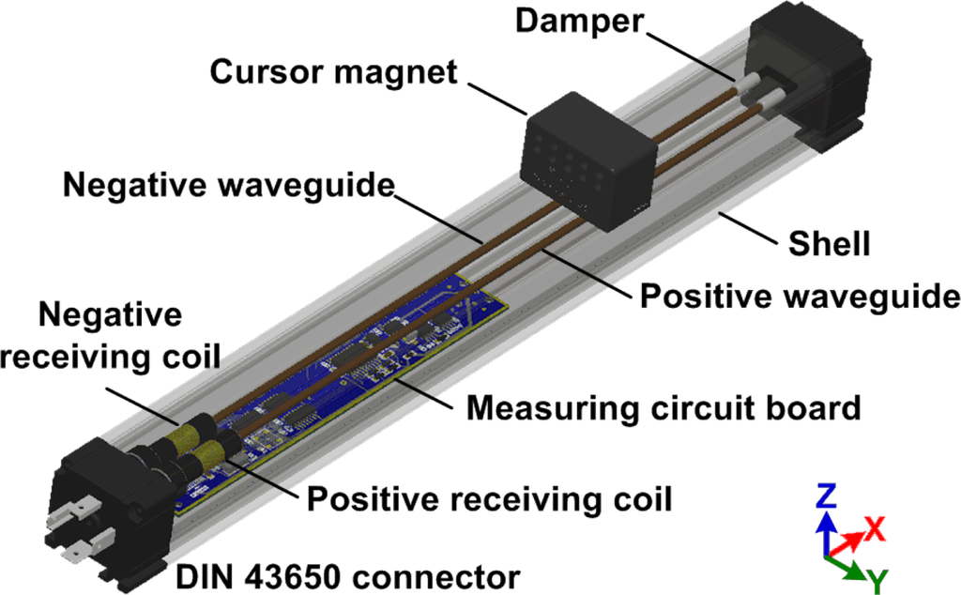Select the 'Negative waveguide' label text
tap(226, 185)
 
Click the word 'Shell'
tap(829, 245)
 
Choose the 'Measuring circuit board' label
tap(664, 408)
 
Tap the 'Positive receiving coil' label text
tap(490, 498)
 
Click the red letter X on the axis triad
tap(875, 528)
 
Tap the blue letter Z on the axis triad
tap(826, 496)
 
